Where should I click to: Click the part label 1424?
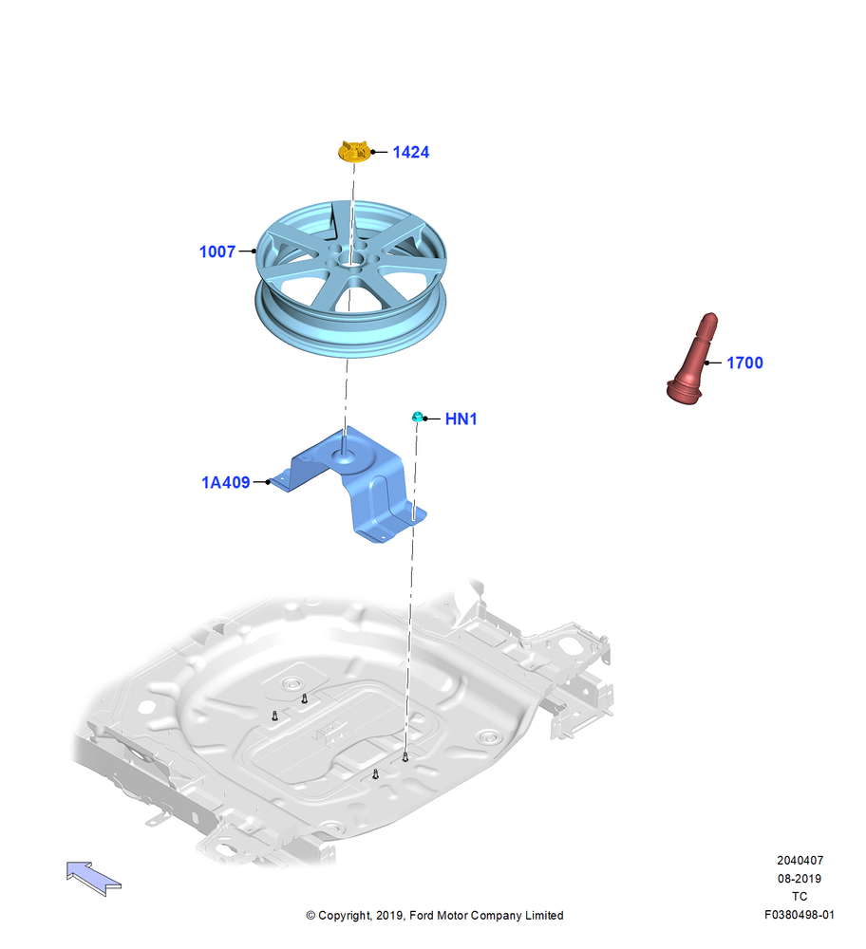410,152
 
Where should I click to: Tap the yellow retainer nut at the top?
353,151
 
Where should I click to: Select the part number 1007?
217,251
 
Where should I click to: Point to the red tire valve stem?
692,359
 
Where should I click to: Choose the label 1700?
744,363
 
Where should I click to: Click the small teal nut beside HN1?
417,417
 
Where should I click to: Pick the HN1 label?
461,419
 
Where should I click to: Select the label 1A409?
225,482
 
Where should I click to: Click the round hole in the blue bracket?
343,453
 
